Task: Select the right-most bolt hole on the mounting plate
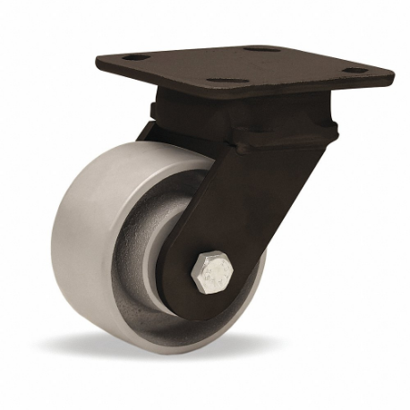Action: (355, 70)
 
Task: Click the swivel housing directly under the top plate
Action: (242, 112)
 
